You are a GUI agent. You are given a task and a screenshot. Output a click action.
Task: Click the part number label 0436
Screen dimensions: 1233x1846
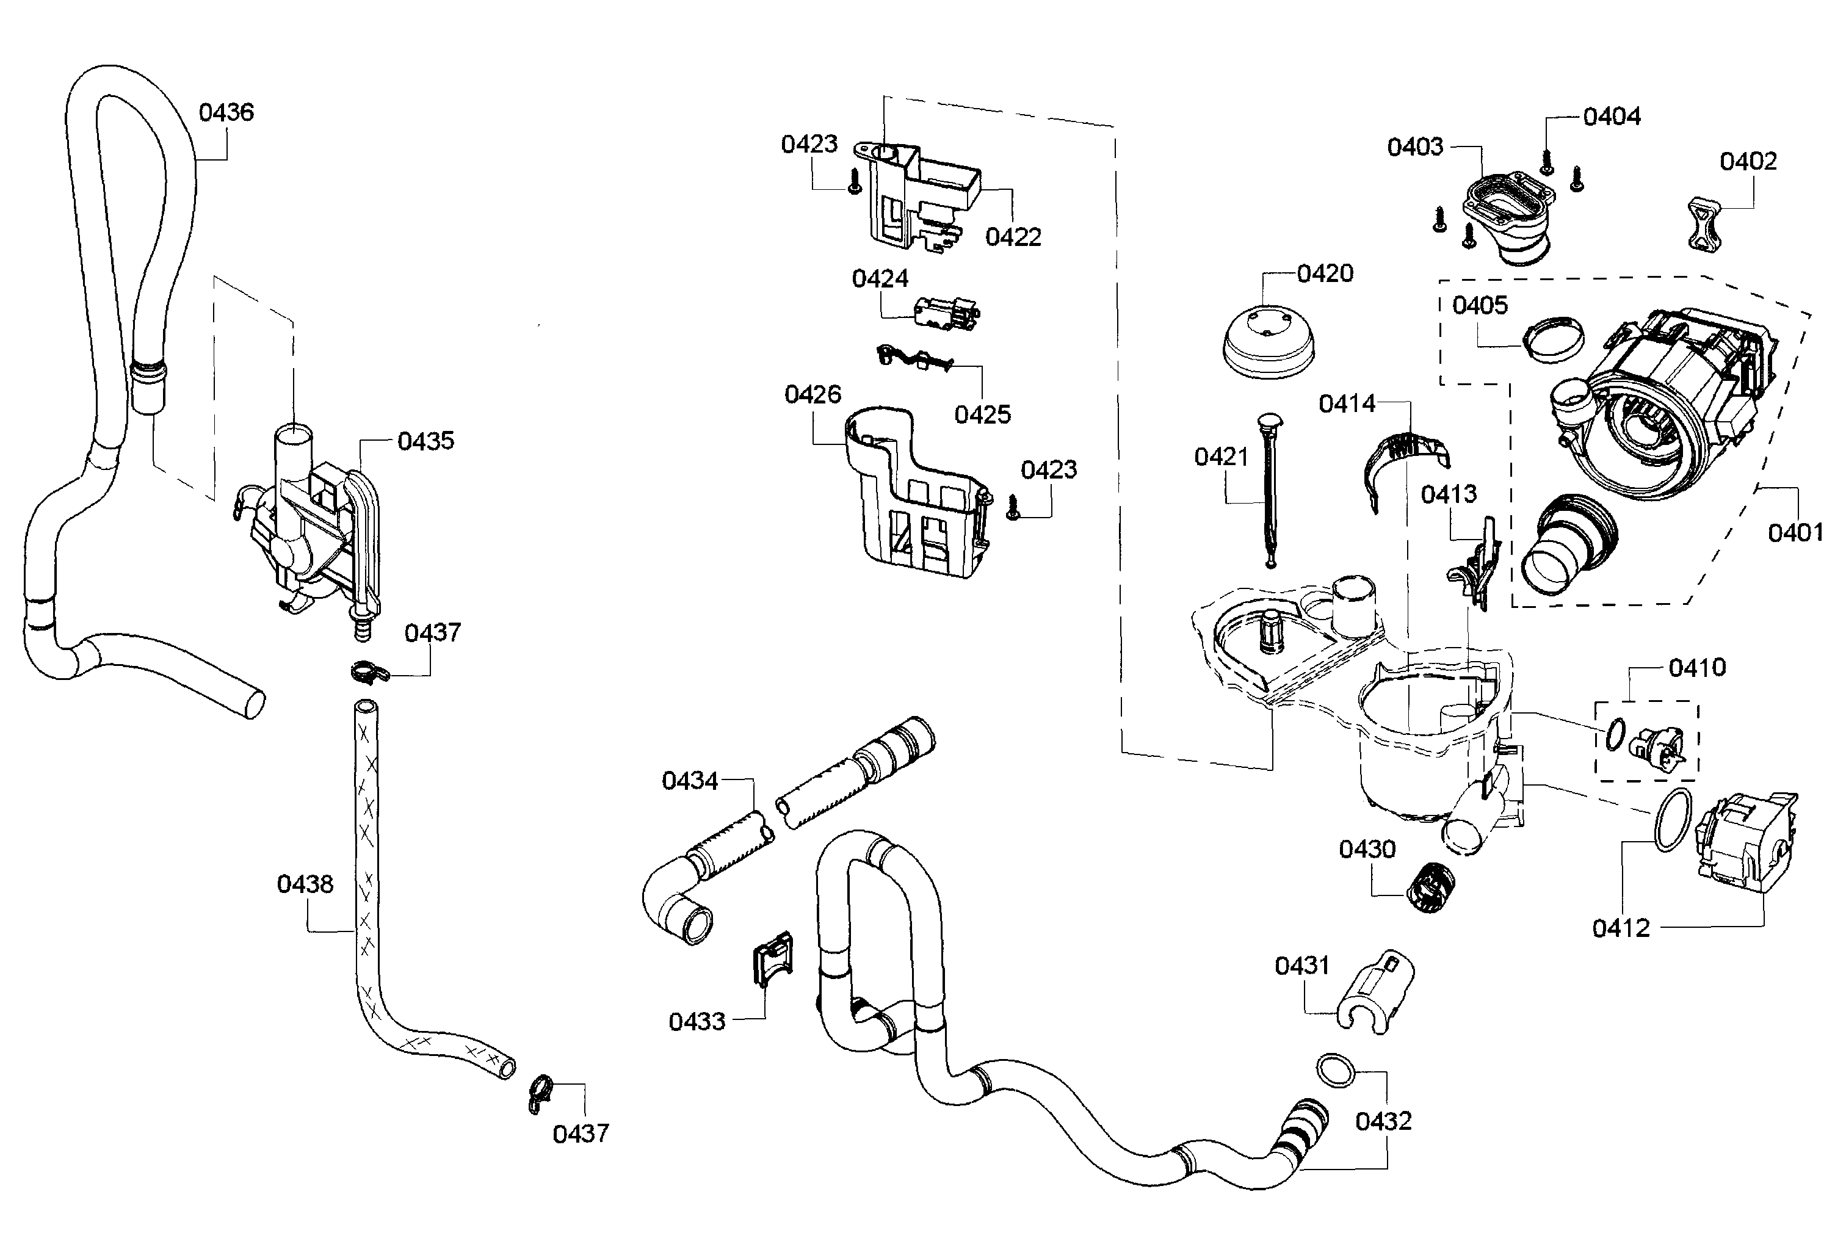[226, 112]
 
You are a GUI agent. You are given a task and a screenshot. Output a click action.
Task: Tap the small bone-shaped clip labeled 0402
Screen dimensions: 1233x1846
[1704, 226]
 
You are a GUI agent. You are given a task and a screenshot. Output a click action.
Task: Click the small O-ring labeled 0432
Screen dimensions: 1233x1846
[1336, 1071]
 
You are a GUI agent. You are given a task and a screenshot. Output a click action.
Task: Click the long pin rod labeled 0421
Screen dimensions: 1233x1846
[1269, 489]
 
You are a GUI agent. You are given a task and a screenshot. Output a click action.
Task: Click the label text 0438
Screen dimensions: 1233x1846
[305, 884]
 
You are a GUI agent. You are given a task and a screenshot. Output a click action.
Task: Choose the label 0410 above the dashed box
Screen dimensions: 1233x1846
[1696, 668]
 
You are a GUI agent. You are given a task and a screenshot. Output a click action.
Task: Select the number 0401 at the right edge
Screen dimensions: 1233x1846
[1795, 533]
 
